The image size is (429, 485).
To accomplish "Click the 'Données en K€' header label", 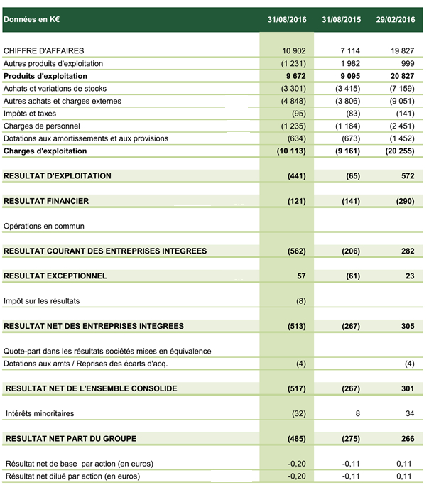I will (31, 19).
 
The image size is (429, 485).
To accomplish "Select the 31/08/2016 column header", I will (287, 19).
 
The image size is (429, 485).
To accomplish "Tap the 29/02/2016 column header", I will (395, 19).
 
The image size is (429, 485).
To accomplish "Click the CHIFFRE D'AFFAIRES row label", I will (44, 51).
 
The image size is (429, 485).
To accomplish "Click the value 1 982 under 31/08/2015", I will (349, 63).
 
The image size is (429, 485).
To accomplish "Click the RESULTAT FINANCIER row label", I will (46, 201).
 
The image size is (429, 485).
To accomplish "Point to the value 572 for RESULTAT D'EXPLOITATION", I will (407, 175).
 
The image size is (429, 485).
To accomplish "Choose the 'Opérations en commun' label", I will (44, 226).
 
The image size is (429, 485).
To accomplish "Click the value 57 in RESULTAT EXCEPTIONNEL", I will (301, 276).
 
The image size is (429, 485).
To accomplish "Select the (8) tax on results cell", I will (300, 300).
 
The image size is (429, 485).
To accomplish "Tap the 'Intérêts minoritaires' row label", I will (40, 413).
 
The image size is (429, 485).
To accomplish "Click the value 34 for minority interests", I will (409, 413).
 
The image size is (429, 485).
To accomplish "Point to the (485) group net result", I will (295, 439).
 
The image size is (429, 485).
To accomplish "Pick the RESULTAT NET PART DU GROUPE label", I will (70, 439).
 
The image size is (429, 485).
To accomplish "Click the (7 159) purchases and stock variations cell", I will (398, 88).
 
